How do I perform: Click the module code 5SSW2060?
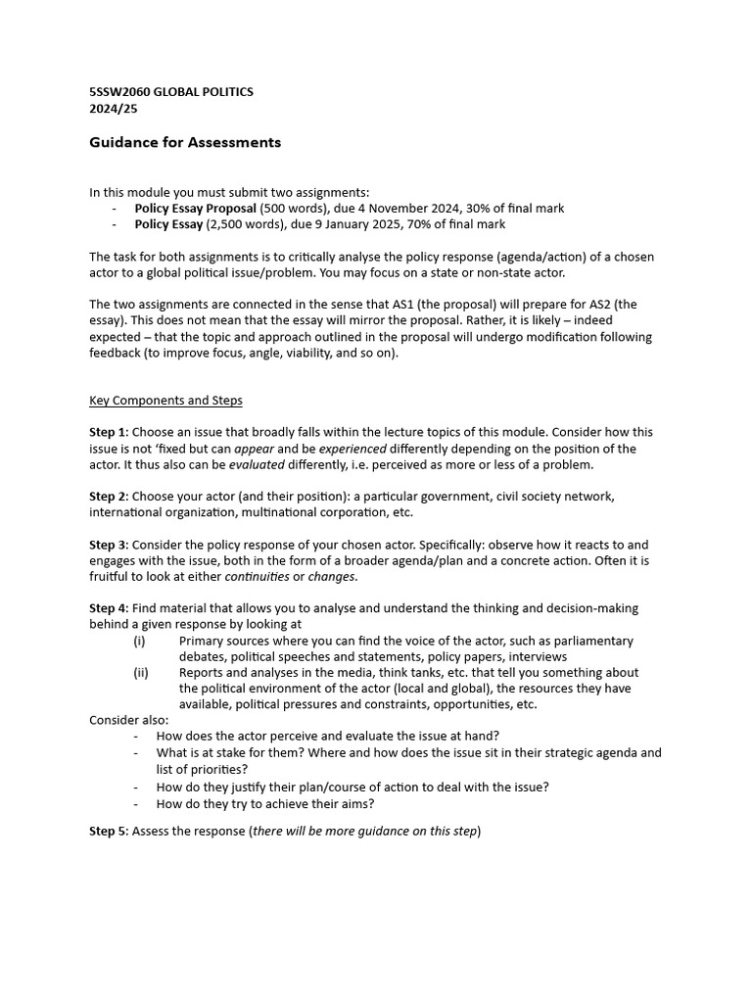[x=119, y=92]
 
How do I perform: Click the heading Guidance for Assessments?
[x=185, y=143]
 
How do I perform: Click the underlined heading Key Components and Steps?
[x=165, y=401]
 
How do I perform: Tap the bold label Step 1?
[x=108, y=432]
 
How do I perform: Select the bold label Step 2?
[x=108, y=497]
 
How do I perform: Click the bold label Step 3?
[x=108, y=545]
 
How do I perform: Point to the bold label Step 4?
[x=108, y=608]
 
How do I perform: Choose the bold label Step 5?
[x=108, y=832]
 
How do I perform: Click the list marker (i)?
[x=139, y=641]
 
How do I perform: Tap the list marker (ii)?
[x=140, y=673]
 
